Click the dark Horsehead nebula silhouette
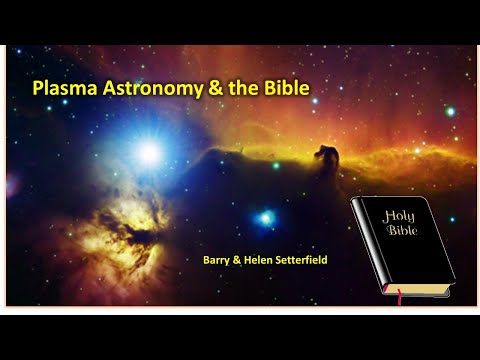click(x=326, y=158)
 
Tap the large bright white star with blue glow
click(x=150, y=152)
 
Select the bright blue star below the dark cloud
click(x=265, y=217)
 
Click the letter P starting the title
click(x=39, y=88)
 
